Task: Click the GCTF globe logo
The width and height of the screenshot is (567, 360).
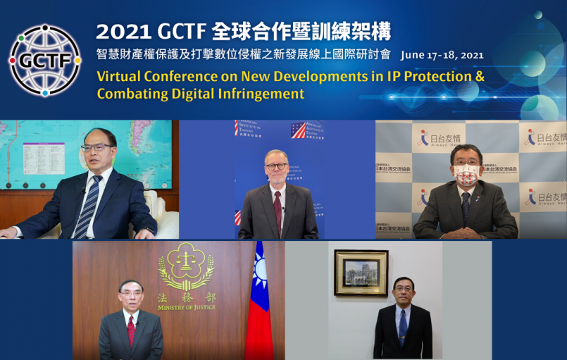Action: pos(44,60)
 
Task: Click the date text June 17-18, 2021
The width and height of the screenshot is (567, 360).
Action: pos(442,54)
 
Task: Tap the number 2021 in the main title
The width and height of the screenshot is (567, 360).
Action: pos(120,32)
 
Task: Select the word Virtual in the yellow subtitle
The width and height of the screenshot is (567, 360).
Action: pos(122,76)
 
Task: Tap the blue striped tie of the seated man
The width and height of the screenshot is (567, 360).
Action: pos(87,207)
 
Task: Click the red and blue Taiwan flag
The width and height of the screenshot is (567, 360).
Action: pos(259,303)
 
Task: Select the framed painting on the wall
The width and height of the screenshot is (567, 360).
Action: pos(361,272)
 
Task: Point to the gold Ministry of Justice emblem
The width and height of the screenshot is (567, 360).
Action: pos(187,266)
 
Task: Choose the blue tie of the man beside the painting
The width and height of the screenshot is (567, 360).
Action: pos(402,326)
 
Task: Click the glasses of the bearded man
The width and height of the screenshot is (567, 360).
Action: pos(276,166)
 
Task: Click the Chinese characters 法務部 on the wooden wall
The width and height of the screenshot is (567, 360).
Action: pos(186,297)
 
